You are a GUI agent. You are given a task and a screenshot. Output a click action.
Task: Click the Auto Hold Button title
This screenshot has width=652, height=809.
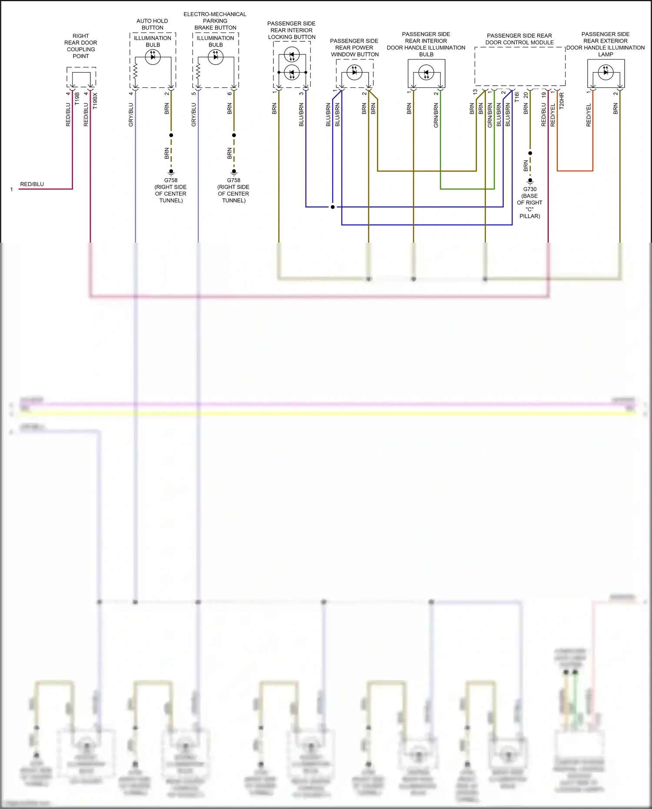pyautogui.click(x=152, y=24)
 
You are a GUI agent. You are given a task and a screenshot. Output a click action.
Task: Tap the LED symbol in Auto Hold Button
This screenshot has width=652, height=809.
pyautogui.click(x=153, y=57)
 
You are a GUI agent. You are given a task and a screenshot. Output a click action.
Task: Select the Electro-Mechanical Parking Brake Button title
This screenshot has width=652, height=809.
pyautogui.click(x=215, y=21)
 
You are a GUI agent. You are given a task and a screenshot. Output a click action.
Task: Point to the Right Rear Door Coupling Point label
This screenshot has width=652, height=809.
pyautogui.click(x=80, y=46)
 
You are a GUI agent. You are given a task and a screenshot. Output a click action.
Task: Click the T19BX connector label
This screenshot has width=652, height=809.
pyautogui.click(x=95, y=101)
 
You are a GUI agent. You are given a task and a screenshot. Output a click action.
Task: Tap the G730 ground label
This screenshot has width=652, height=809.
pyautogui.click(x=529, y=189)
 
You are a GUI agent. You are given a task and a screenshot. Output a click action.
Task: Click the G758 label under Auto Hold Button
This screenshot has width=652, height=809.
pyautogui.click(x=171, y=180)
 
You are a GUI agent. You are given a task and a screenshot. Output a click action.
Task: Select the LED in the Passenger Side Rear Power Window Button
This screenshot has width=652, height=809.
pyautogui.click(x=354, y=72)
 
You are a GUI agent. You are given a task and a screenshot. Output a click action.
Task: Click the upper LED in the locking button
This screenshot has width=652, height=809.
pyautogui.click(x=292, y=55)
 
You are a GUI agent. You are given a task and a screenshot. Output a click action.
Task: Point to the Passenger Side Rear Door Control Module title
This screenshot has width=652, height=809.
pyautogui.click(x=519, y=39)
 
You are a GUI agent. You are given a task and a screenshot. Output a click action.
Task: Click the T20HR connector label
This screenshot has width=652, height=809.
pyautogui.click(x=562, y=100)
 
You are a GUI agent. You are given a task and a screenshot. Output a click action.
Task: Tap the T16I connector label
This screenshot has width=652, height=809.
pyautogui.click(x=517, y=97)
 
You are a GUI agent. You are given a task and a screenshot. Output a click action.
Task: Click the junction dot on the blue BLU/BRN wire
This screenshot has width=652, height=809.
pyautogui.click(x=333, y=207)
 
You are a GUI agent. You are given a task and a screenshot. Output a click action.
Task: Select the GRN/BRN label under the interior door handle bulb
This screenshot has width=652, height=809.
pyautogui.click(x=436, y=115)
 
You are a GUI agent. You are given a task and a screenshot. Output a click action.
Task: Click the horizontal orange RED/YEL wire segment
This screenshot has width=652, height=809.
pyautogui.click(x=575, y=171)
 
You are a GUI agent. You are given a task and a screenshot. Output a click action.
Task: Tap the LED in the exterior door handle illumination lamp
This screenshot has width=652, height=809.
pyautogui.click(x=605, y=72)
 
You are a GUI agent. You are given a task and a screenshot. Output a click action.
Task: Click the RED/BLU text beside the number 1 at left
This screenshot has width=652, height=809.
pyautogui.click(x=32, y=184)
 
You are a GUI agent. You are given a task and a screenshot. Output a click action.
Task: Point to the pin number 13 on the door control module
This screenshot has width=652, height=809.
pyautogui.click(x=475, y=92)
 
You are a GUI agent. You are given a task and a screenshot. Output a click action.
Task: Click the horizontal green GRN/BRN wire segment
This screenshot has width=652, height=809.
pyautogui.click(x=467, y=189)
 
